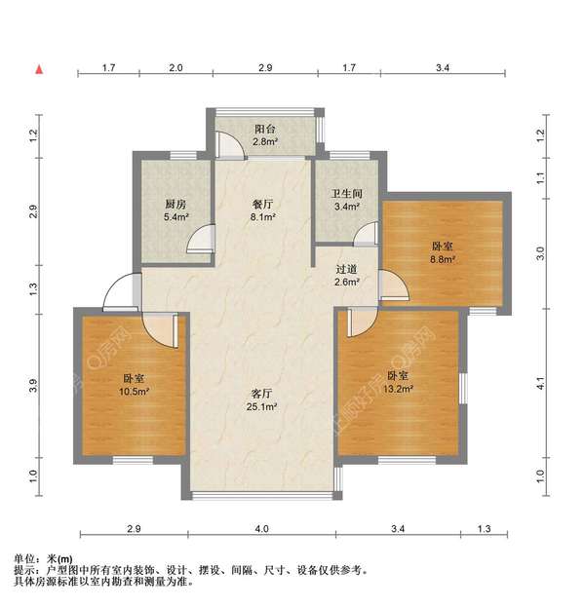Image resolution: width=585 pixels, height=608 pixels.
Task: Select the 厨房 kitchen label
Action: (175, 204)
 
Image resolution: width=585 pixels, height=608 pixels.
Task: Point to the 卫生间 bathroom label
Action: (348, 193)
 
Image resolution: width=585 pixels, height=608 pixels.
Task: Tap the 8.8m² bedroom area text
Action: (444, 261)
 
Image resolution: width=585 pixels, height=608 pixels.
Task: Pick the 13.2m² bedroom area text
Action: (398, 389)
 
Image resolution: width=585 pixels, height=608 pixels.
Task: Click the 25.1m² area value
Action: (260, 407)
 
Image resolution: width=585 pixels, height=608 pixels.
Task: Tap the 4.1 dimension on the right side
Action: (544, 387)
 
